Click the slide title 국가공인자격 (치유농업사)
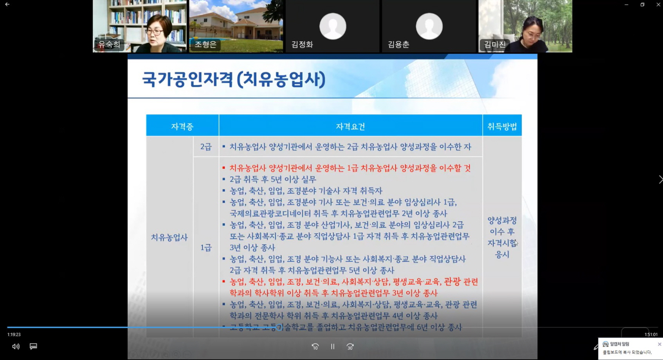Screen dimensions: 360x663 [234, 80]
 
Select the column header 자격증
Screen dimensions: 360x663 [182, 126]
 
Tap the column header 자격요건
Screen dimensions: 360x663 [350, 126]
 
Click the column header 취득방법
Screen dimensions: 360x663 [502, 126]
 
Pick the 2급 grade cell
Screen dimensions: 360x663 [206, 147]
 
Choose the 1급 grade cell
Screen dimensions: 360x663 [206, 247]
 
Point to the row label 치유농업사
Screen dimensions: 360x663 [169, 237]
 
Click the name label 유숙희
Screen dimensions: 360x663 [109, 45]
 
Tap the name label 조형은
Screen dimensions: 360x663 [205, 45]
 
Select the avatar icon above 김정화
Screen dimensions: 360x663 [333, 26]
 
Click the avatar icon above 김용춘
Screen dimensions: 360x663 [429, 26]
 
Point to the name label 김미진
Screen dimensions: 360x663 [495, 45]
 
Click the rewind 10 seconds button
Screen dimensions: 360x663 [315, 346]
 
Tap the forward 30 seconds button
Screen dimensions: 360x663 [350, 346]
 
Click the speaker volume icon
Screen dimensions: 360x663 [16, 346]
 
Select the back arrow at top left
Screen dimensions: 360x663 [7, 4]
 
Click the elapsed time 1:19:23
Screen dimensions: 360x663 [14, 335]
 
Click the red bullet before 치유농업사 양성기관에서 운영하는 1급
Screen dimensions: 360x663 [224, 168]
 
